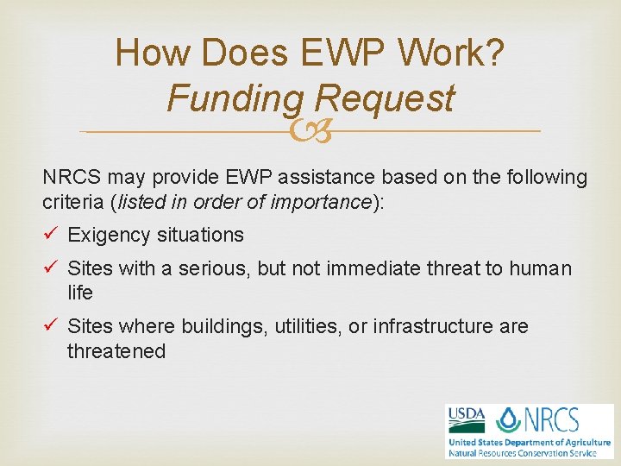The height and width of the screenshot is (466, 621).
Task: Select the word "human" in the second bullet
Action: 540,269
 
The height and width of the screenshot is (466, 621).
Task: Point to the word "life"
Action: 80,293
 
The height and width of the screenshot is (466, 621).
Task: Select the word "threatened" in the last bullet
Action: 116,351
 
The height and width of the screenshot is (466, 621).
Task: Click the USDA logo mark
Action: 466,419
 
